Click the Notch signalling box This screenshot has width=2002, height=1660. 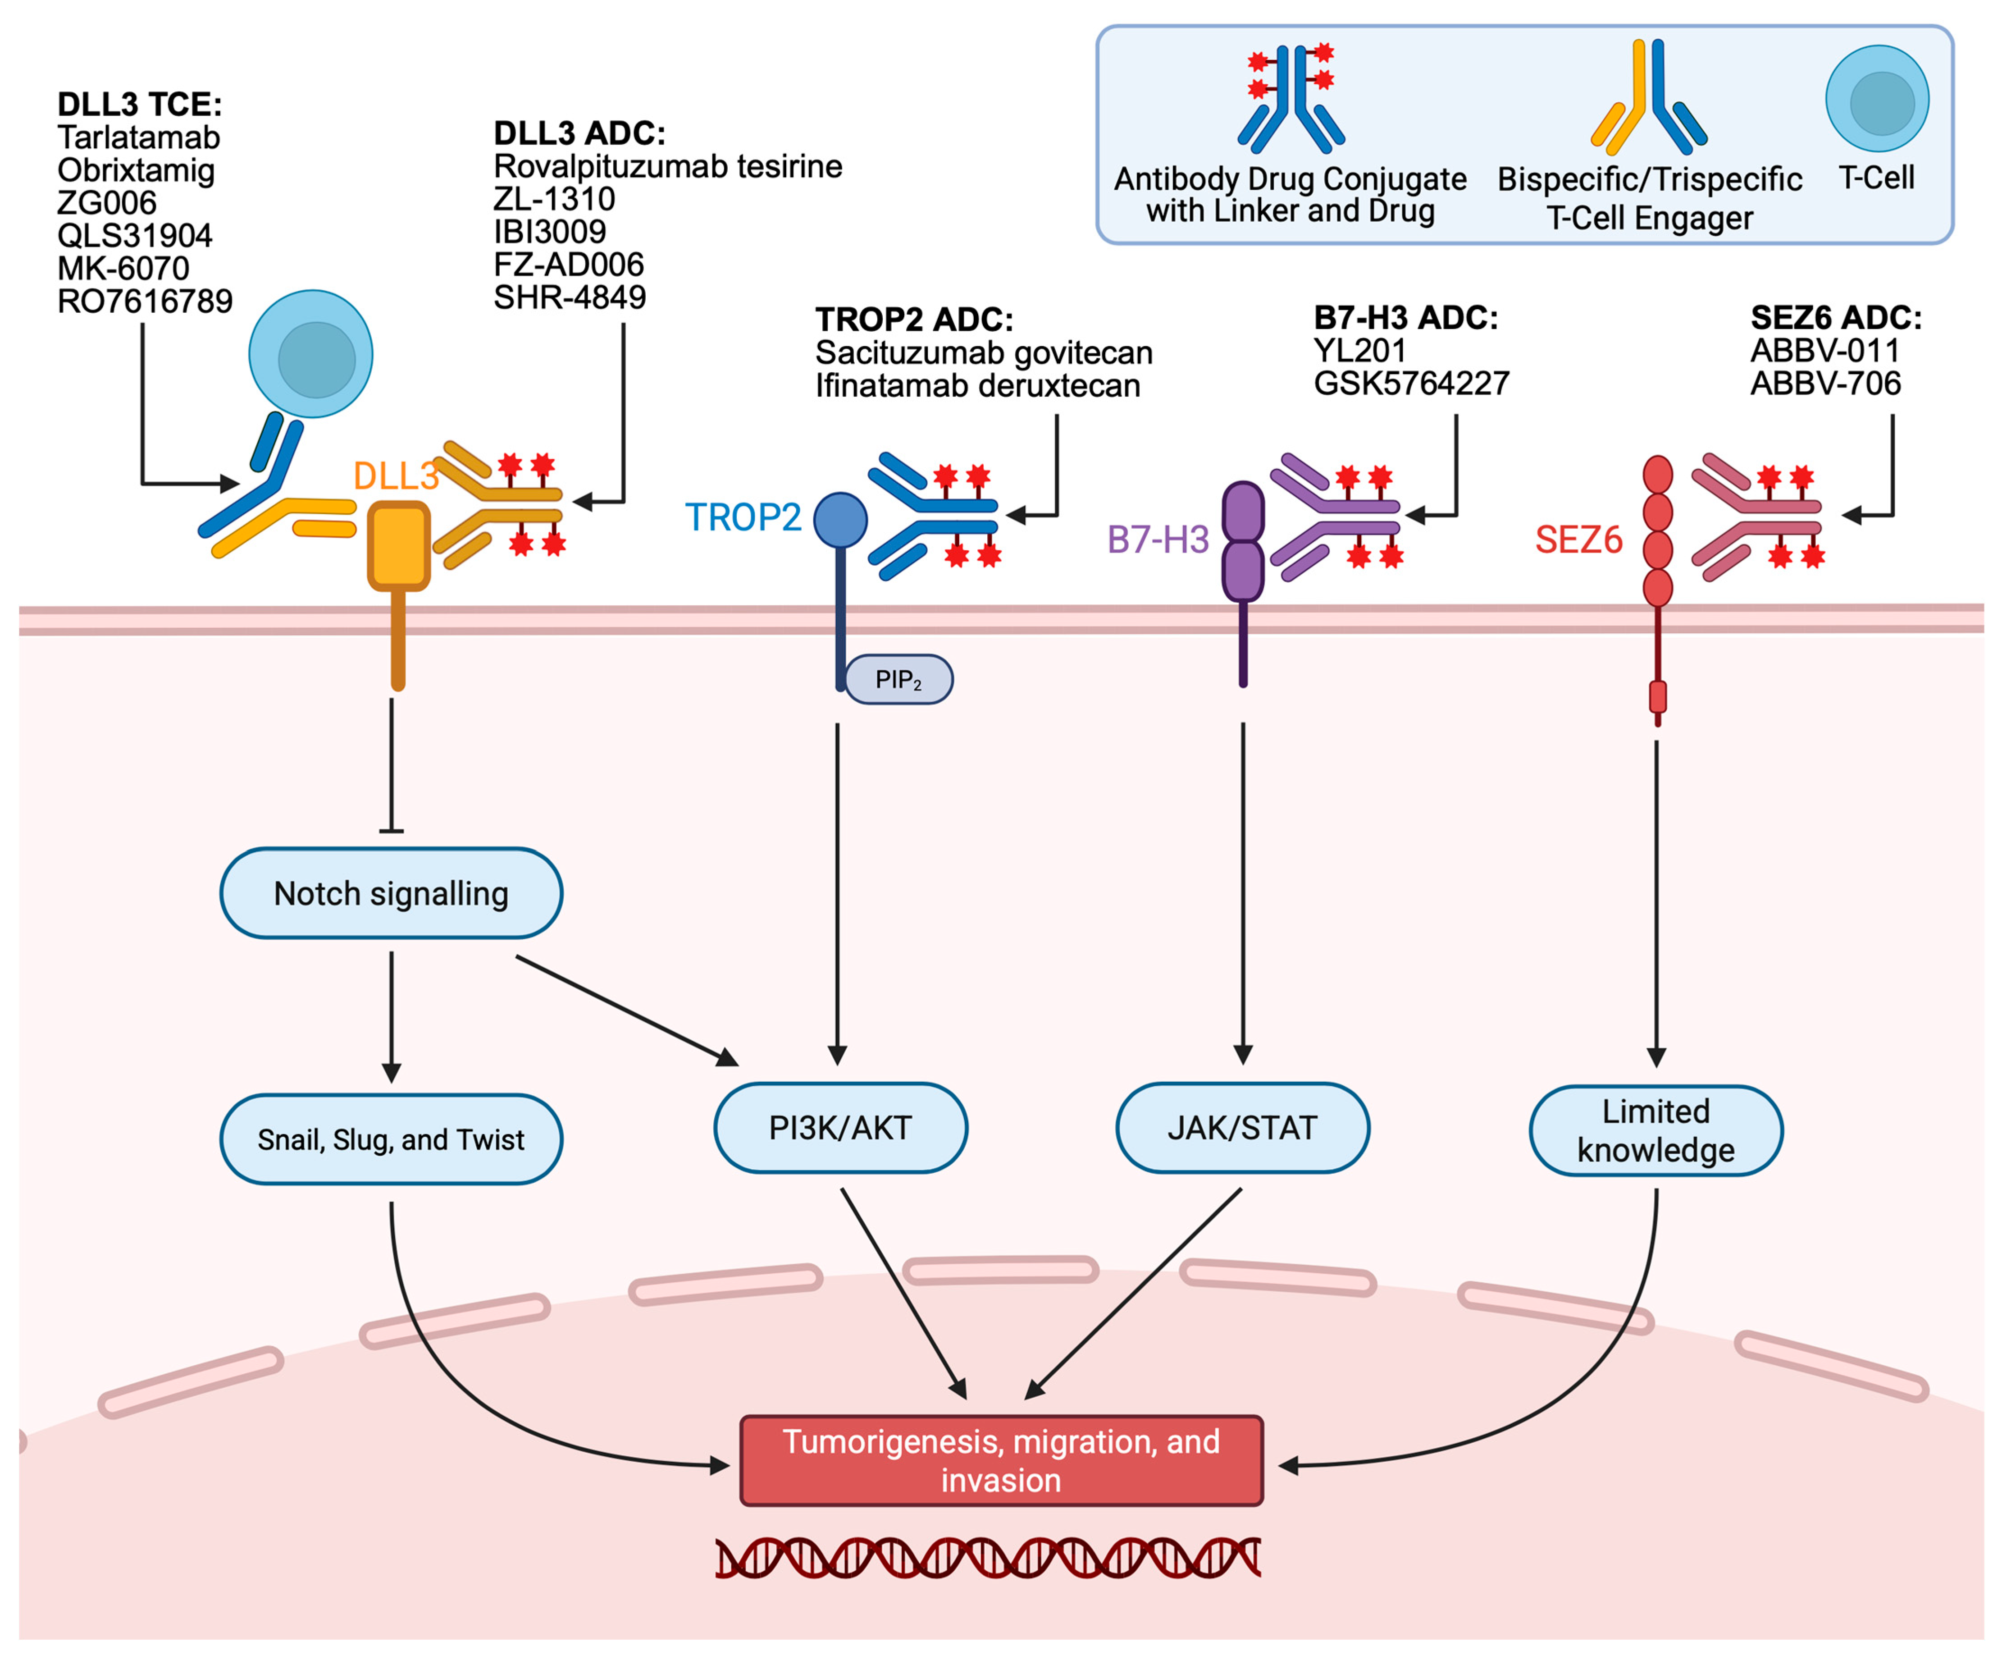click(x=391, y=893)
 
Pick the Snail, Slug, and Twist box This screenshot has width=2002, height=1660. click(x=391, y=1139)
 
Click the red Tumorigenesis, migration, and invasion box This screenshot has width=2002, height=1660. click(x=1001, y=1460)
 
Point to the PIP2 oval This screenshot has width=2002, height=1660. click(x=898, y=679)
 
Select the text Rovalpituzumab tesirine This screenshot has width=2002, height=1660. click(x=667, y=166)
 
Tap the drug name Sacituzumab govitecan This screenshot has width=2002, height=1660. click(x=983, y=353)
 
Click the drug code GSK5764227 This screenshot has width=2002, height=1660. click(x=1411, y=383)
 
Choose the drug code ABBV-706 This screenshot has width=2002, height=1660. click(x=1824, y=383)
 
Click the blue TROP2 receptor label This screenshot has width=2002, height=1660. click(x=743, y=517)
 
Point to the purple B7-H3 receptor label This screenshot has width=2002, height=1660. click(x=1157, y=540)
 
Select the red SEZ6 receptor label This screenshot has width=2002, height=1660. click(x=1578, y=540)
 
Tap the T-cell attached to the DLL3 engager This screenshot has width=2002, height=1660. click(x=311, y=354)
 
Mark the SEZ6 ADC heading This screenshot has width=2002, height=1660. click(x=1835, y=317)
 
